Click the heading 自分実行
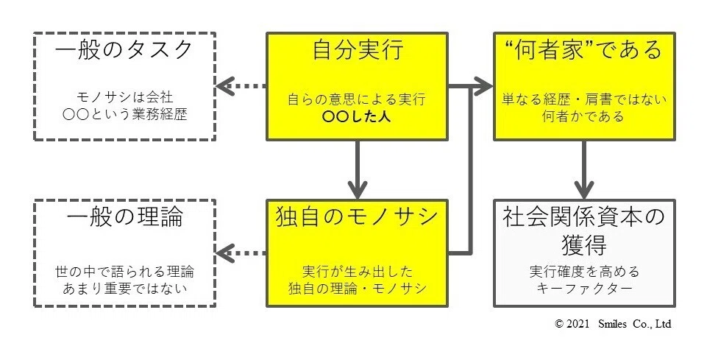click(357, 52)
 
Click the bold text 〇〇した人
click(357, 116)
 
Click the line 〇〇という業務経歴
click(124, 116)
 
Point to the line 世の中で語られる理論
click(124, 270)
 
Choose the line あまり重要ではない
click(124, 288)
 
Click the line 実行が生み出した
click(357, 270)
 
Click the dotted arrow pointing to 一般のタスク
click(241, 86)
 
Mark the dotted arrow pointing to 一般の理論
click(241, 253)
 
